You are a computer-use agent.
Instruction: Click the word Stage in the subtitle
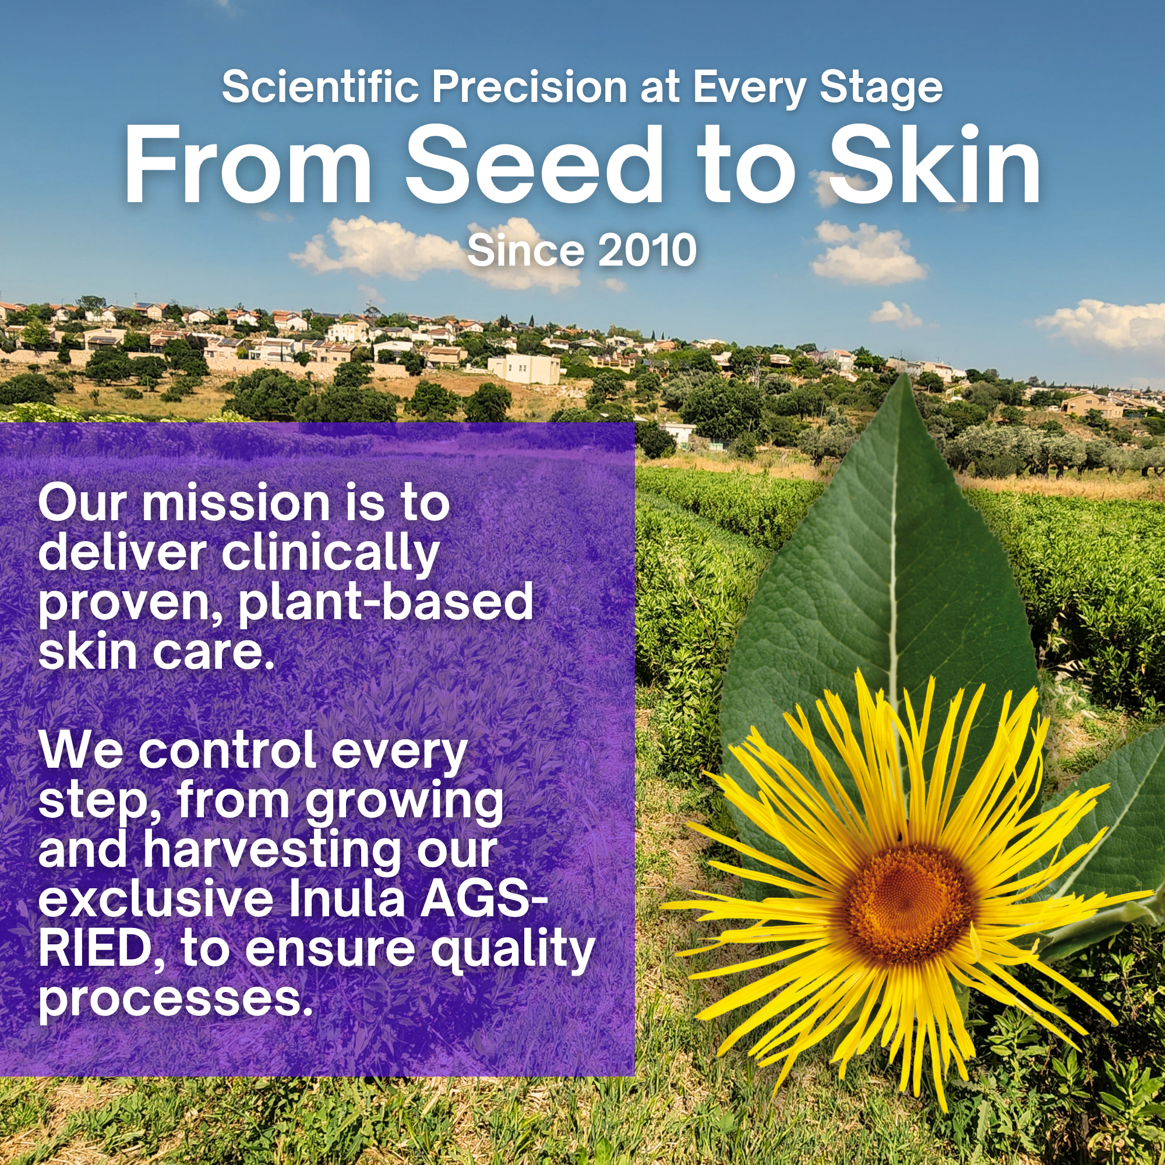click(x=881, y=89)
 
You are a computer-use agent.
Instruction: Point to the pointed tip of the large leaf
click(x=902, y=374)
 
